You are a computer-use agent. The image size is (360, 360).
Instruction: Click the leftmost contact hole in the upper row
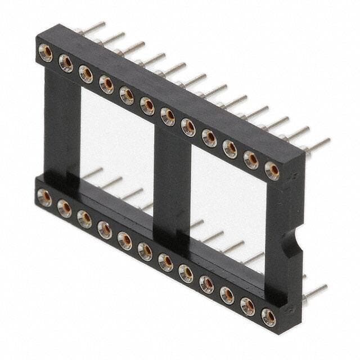(45, 53)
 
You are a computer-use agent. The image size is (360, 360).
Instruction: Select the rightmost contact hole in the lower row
(268, 317)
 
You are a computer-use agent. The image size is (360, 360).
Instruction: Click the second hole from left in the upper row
(66, 64)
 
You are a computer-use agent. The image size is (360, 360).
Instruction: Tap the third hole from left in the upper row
(86, 74)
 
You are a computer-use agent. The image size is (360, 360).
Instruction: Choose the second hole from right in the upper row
(251, 160)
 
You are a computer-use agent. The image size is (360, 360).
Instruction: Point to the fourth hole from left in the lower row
(105, 229)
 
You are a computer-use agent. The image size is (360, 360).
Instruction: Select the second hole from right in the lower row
(247, 307)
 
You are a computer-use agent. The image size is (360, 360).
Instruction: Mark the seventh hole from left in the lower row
(165, 262)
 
